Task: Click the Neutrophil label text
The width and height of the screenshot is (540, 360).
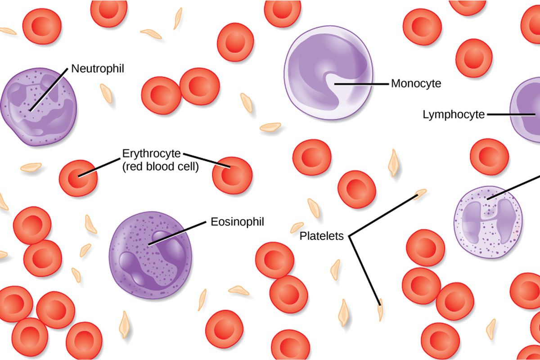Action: (98, 68)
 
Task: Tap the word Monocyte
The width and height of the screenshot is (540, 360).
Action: (416, 83)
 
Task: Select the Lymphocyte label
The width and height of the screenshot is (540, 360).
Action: (454, 115)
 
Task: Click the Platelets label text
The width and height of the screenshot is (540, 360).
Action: (322, 236)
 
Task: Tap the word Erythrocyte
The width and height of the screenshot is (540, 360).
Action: (151, 153)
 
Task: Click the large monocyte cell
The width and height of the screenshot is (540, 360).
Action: (328, 79)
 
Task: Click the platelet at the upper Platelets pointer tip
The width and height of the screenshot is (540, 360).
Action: (421, 193)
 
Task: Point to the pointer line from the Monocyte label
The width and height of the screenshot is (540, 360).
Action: (360, 83)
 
